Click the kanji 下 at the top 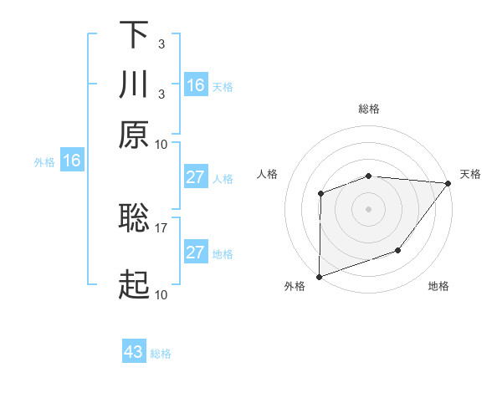(134, 35)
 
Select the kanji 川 (134, 84)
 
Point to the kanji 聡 (134, 217)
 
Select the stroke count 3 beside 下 (161, 43)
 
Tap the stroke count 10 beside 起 (161, 295)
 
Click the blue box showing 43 (134, 352)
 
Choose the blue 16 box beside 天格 (196, 84)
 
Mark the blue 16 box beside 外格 (72, 161)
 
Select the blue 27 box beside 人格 (196, 177)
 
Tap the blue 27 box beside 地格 (196, 253)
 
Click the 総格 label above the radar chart (369, 109)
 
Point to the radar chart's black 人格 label (268, 174)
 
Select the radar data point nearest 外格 (319, 276)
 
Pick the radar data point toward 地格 (398, 250)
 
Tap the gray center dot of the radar (368, 208)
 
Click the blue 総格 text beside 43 (161, 354)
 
